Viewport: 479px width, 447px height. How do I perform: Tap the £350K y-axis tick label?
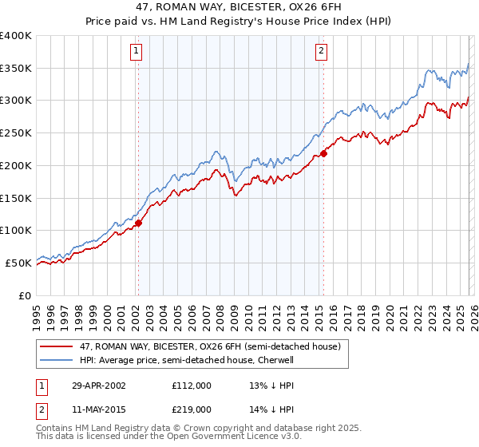coord(16,69)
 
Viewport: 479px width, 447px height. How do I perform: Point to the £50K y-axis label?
coord(18,263)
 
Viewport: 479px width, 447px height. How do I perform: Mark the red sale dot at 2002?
coord(138,223)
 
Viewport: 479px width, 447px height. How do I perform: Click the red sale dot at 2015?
coord(323,153)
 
